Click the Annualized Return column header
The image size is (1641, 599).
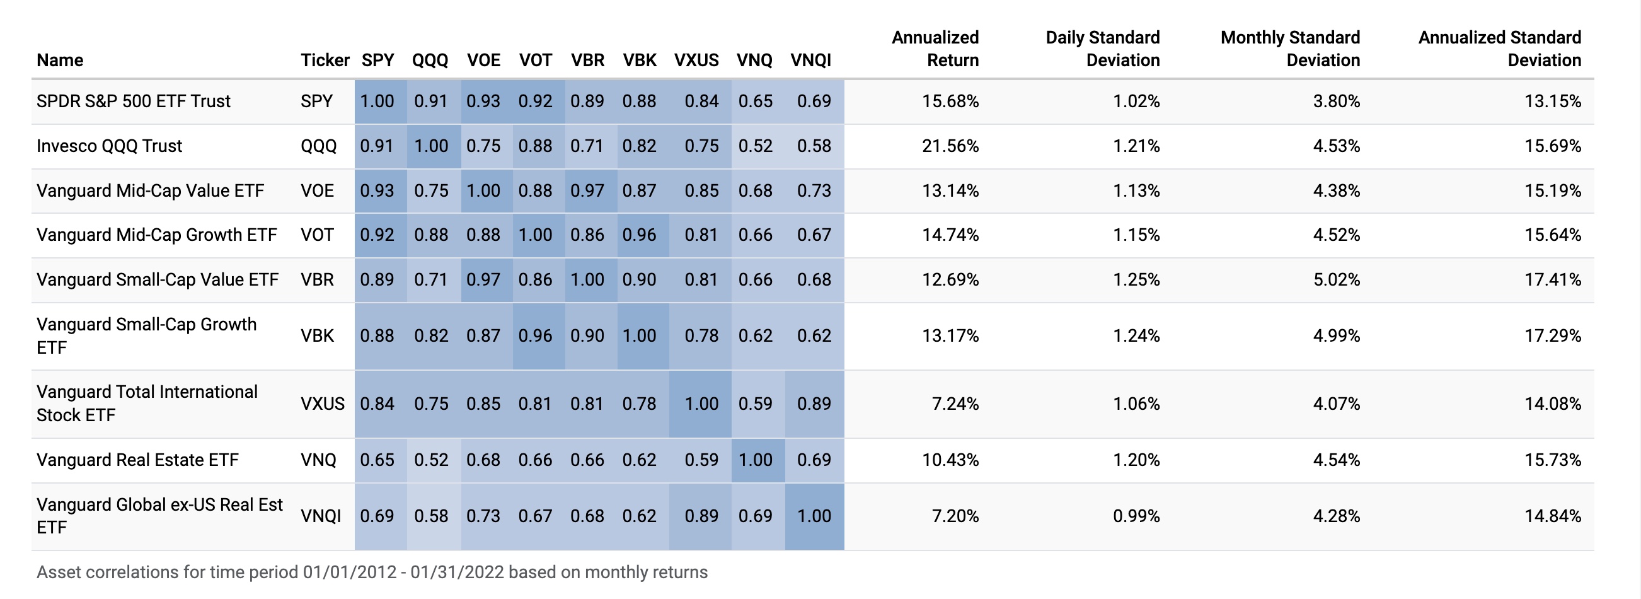[x=935, y=49]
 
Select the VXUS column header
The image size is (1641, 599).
[x=696, y=61]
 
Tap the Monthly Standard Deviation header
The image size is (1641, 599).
[x=1290, y=49]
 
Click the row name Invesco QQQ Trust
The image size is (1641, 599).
[x=109, y=146]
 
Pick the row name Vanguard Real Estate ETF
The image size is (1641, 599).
[x=137, y=460]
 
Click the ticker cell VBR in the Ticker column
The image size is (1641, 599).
[x=316, y=280]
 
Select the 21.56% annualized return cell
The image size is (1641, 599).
[x=950, y=146]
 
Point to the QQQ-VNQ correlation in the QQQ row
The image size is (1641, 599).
[x=755, y=146]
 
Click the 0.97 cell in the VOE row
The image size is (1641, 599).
[x=587, y=190]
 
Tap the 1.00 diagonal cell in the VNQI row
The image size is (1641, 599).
[x=814, y=516]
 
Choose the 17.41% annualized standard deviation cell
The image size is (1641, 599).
[x=1552, y=280]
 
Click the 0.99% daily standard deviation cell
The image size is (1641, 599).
[x=1136, y=516]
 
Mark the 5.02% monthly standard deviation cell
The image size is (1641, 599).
[x=1336, y=280]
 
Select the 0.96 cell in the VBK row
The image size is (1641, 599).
[x=535, y=336]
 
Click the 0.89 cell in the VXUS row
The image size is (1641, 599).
[x=814, y=404]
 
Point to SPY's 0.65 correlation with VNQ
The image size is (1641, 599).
[x=755, y=102]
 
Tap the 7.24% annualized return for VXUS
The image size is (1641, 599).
[x=955, y=404]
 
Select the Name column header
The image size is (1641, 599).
[x=60, y=61]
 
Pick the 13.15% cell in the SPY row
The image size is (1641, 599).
[x=1552, y=102]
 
